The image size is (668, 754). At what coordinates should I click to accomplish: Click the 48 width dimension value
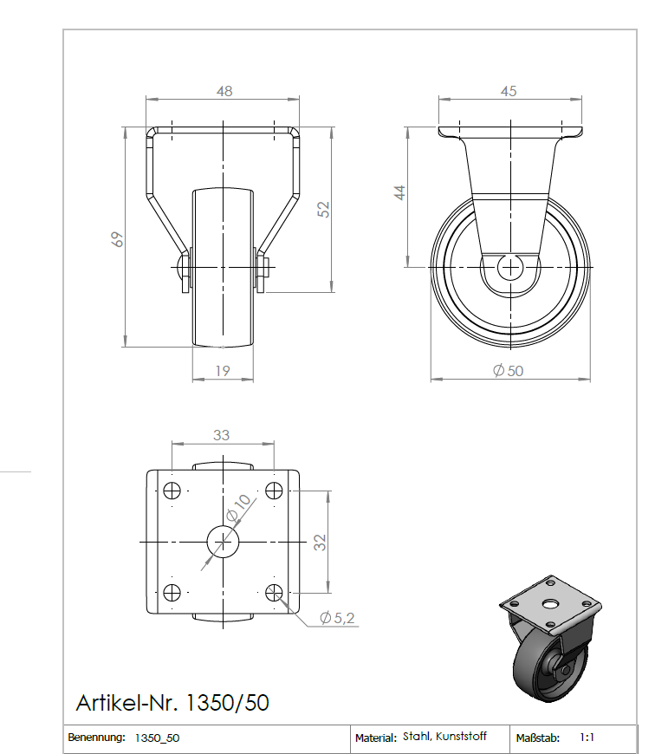pos(224,91)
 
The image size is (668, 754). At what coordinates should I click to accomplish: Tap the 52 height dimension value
pos(324,209)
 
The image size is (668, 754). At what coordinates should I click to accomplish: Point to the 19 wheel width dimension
pos(222,370)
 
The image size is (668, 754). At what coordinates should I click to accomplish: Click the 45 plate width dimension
pos(509,91)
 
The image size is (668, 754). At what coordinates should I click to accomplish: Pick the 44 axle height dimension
pos(399,192)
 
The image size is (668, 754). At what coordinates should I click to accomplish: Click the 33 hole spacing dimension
pos(222,434)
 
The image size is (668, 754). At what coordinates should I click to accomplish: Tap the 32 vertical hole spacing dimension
pos(320,543)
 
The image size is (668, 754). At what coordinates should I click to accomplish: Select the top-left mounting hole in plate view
pos(172,491)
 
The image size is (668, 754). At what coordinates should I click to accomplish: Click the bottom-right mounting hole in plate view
pos(275,592)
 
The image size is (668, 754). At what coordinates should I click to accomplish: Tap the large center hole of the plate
pos(223,542)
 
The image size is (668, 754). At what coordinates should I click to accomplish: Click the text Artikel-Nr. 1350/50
pos(172,702)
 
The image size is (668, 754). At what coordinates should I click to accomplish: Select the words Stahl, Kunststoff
pos(444,737)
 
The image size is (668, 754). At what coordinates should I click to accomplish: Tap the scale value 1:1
pos(587,738)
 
